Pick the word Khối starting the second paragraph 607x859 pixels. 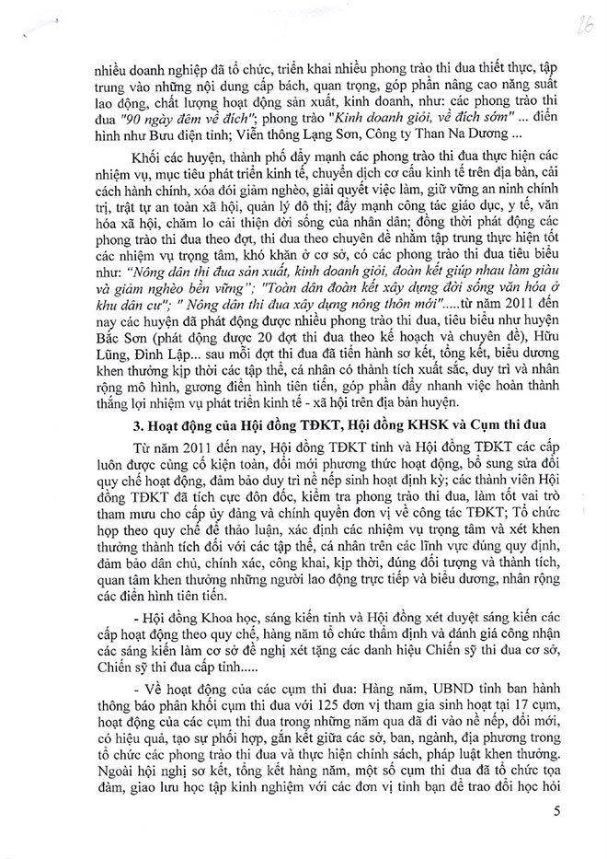coord(120,174)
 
